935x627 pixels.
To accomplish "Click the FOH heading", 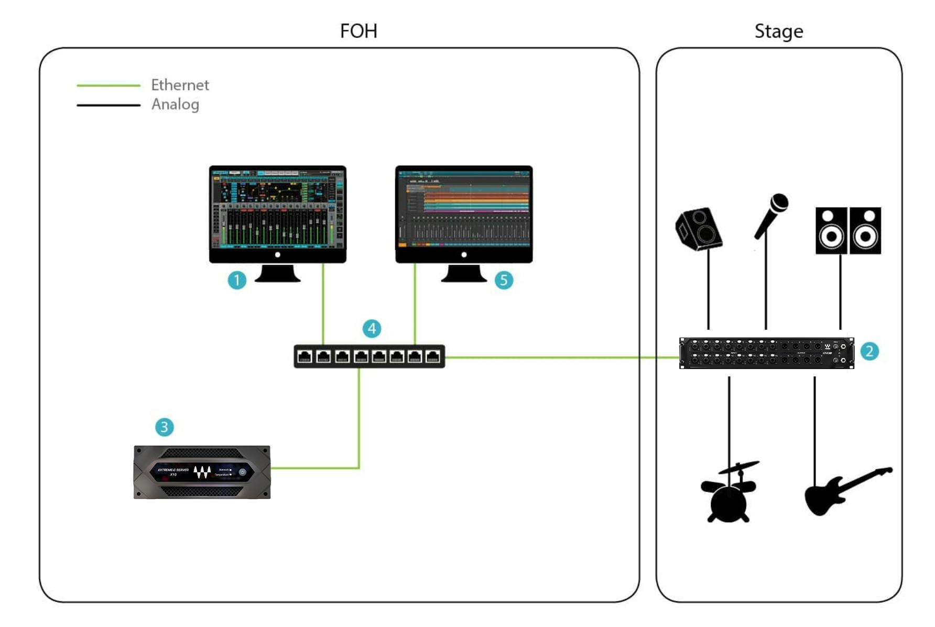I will click(x=358, y=31).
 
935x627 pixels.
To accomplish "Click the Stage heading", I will click(x=778, y=31).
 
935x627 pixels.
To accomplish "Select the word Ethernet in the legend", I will click(x=180, y=85).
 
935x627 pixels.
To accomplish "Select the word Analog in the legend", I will click(x=175, y=104).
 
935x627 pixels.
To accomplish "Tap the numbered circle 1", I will click(x=237, y=280).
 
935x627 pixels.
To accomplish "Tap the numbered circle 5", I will click(x=504, y=280).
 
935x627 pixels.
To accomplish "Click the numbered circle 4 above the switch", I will click(x=372, y=329).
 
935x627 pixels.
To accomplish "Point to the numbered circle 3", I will click(x=164, y=427).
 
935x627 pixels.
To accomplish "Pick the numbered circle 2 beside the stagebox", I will click(x=869, y=351).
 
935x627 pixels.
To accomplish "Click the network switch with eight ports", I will click(x=369, y=356).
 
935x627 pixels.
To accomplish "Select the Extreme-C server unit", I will click(x=202, y=472).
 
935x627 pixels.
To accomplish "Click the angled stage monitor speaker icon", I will click(x=699, y=229).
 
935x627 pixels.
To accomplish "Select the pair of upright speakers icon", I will click(x=848, y=231).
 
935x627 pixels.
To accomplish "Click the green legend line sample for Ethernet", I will click(x=108, y=85).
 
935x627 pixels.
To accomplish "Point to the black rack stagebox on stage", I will click(x=766, y=353).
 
